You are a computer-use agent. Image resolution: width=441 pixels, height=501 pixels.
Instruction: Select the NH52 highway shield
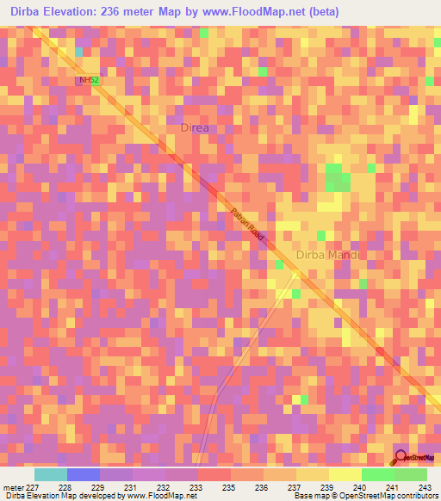[x=88, y=80]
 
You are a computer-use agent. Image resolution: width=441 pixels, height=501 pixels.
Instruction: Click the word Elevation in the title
[x=81, y=12]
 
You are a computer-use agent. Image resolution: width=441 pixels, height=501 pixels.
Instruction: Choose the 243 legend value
[x=424, y=486]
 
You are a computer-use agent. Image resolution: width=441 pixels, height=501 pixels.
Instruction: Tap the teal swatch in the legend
[x=51, y=474]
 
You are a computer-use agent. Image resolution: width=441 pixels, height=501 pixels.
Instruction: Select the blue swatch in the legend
[x=84, y=474]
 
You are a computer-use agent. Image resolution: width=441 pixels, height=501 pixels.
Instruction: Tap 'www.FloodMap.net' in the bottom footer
[x=160, y=496]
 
